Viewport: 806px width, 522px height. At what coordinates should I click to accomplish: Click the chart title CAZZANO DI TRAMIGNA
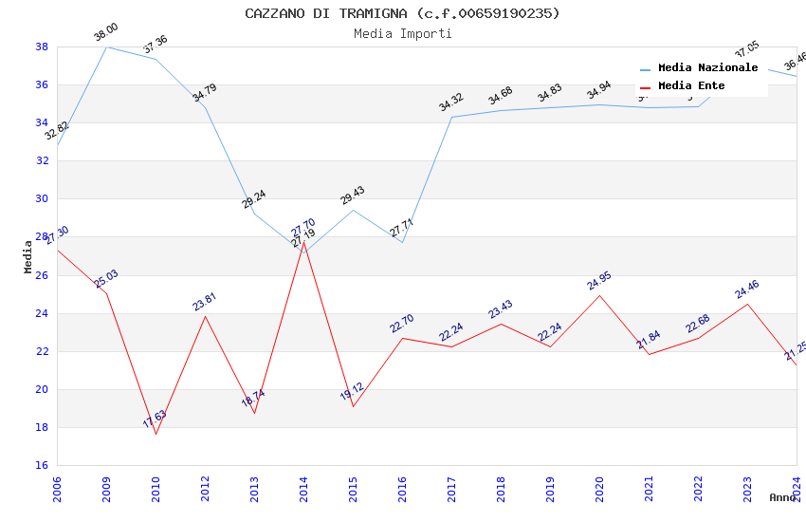tap(402, 13)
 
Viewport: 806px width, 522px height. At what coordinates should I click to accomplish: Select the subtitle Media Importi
tap(402, 33)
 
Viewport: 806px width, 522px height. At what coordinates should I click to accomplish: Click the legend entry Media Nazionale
tap(707, 68)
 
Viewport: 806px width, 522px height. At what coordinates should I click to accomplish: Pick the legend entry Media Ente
tap(691, 86)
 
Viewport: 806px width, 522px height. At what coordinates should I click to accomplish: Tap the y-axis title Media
tap(28, 256)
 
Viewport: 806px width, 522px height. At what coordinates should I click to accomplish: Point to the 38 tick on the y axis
tap(42, 47)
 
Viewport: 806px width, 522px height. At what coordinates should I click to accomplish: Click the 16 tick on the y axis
tap(42, 465)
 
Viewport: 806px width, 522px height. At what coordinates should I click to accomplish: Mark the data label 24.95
tap(599, 281)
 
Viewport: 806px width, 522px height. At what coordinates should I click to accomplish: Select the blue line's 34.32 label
tap(451, 103)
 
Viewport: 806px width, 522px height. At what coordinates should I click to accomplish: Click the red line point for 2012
tap(205, 316)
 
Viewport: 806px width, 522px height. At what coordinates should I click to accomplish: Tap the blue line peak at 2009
tap(106, 47)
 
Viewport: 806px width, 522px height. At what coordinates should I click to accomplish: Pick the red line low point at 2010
tap(156, 434)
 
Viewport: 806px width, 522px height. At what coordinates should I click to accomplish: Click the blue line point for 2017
tap(451, 117)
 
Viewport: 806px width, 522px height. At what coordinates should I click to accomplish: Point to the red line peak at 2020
tap(599, 295)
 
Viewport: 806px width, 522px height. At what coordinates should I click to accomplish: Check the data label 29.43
tap(353, 196)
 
